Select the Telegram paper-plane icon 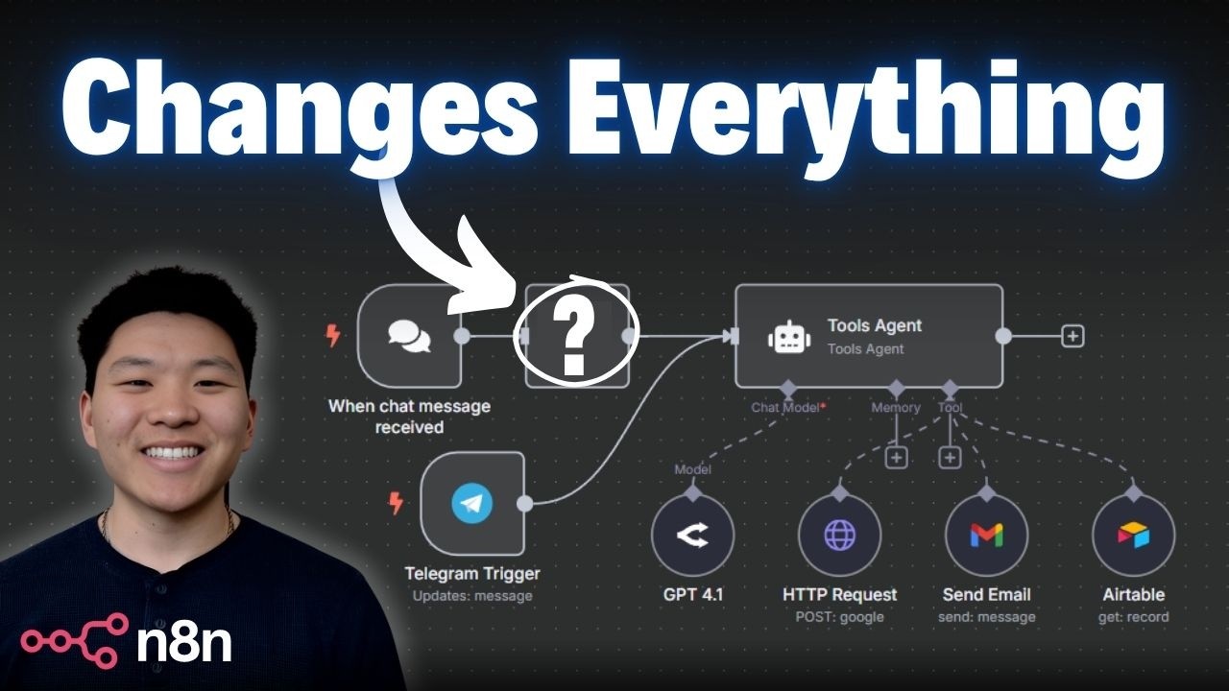coord(471,504)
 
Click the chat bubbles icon coord(409,335)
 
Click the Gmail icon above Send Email coord(986,536)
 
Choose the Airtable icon coord(1134,536)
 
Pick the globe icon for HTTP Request coord(839,536)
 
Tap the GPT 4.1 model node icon coord(692,536)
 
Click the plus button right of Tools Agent coord(1072,336)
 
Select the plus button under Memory coord(896,457)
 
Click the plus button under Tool coord(950,457)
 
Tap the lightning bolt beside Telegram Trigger coord(396,502)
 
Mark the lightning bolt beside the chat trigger coord(333,335)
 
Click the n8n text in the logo coord(183,643)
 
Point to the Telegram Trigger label coord(471,574)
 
